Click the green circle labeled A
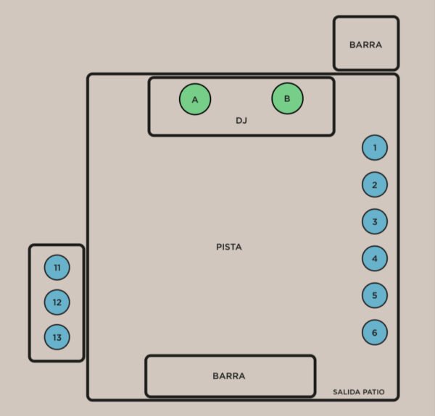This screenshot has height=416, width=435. click(x=195, y=99)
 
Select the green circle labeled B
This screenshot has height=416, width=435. click(x=287, y=98)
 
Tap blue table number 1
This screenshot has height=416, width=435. click(x=375, y=148)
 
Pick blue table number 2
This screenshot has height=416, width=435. click(x=375, y=184)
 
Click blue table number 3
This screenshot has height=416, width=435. click(x=375, y=221)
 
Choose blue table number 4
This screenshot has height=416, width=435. click(x=375, y=258)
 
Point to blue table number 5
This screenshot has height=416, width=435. click(x=375, y=295)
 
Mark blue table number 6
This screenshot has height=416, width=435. click(x=375, y=332)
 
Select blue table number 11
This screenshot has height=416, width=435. click(x=57, y=268)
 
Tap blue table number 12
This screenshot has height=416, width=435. click(x=57, y=302)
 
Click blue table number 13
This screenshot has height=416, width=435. click(x=57, y=336)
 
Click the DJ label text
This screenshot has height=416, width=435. click(x=241, y=120)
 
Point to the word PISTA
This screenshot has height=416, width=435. click(x=229, y=247)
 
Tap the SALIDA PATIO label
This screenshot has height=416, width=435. click(x=359, y=392)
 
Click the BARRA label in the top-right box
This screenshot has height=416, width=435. click(x=365, y=45)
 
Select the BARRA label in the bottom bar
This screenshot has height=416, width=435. click(x=229, y=376)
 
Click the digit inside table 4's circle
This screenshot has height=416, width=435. click(x=375, y=258)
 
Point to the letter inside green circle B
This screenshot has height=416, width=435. click(x=287, y=98)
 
